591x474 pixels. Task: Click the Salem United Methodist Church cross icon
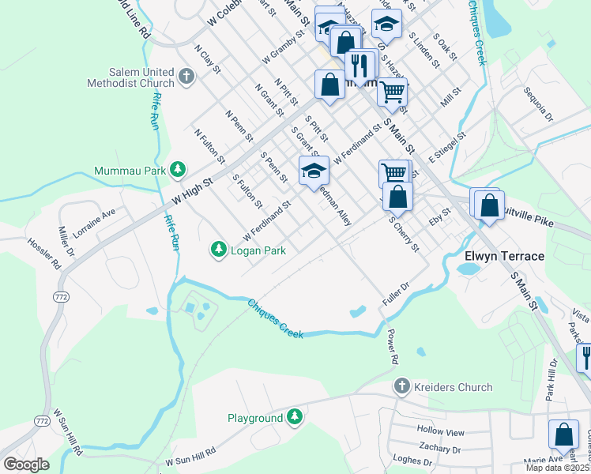[x=186, y=77]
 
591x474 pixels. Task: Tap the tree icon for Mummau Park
[x=179, y=170]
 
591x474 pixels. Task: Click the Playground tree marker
[x=295, y=417]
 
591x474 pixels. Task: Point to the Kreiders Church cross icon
[x=401, y=387]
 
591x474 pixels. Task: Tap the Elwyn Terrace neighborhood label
[x=504, y=257]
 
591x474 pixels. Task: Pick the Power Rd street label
[x=391, y=347]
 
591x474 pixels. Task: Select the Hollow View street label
[x=441, y=432]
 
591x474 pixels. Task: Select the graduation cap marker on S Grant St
[x=314, y=171]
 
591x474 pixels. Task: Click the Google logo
[x=26, y=464]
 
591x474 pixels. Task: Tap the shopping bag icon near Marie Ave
[x=563, y=434]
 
